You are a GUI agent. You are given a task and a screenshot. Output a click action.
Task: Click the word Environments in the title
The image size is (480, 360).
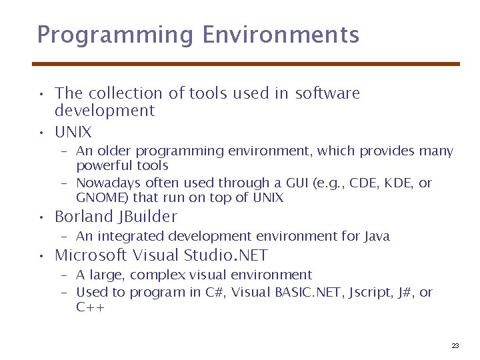[x=281, y=35]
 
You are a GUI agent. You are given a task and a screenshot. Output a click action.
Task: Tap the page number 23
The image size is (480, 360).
[x=455, y=345]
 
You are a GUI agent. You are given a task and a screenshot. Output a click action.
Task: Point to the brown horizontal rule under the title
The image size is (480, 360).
[x=246, y=64]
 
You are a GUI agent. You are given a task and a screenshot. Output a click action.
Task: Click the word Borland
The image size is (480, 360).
[x=84, y=217]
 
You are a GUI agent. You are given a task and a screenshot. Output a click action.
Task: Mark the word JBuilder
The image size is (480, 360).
[x=147, y=217]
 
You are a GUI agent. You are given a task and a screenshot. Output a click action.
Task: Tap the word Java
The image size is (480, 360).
[x=377, y=236]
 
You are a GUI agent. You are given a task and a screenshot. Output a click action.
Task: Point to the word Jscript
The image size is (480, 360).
[x=368, y=293]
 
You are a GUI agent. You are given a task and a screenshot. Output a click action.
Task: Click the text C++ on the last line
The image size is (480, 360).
[x=90, y=307]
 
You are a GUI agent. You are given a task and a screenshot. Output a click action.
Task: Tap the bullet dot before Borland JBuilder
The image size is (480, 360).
[x=41, y=218]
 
